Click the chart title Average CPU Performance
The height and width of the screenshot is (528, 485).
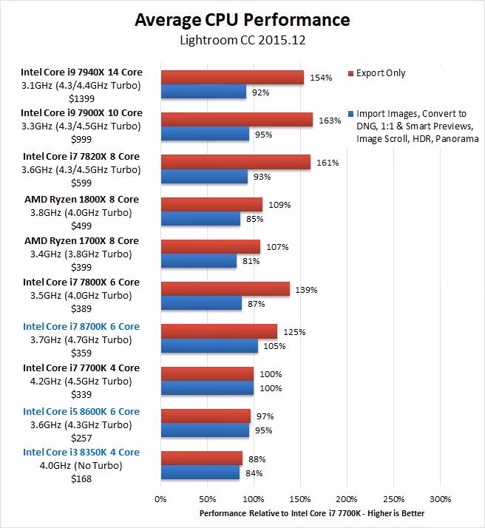(242, 18)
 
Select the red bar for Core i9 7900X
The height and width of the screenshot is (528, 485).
(237, 120)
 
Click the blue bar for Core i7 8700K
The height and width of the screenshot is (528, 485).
(209, 346)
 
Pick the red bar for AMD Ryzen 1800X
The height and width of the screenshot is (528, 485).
(211, 204)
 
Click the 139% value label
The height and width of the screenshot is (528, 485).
(307, 290)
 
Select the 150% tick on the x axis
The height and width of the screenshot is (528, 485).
(301, 498)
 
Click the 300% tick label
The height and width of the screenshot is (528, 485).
(441, 498)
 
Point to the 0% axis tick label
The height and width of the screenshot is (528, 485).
(160, 498)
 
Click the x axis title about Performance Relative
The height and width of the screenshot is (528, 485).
(311, 512)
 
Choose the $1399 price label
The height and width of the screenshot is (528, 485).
(81, 98)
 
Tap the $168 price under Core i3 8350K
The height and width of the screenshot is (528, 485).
(81, 478)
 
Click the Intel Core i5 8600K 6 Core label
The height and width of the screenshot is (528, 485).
(81, 411)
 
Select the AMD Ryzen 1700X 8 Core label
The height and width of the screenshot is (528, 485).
(81, 241)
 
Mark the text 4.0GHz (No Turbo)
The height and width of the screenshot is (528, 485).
(81, 465)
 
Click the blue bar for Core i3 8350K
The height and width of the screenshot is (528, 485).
(200, 472)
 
